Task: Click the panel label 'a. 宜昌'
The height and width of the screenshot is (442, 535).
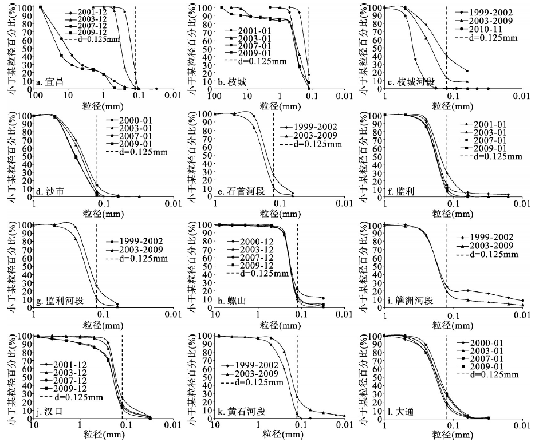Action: [x=50, y=82]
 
